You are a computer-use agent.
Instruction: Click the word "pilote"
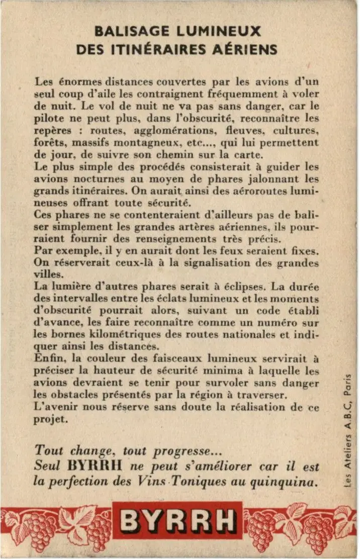(x=49, y=119)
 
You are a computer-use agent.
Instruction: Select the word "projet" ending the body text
(x=50, y=419)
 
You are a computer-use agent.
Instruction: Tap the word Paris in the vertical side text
(x=347, y=384)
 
